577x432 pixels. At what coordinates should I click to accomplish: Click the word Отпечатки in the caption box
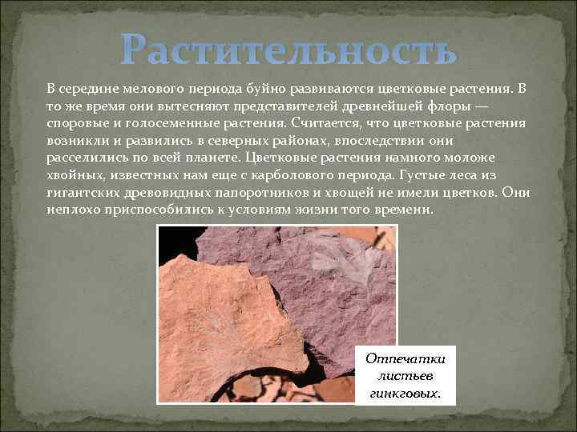(405, 358)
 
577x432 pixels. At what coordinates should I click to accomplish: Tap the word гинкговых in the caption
(405, 394)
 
